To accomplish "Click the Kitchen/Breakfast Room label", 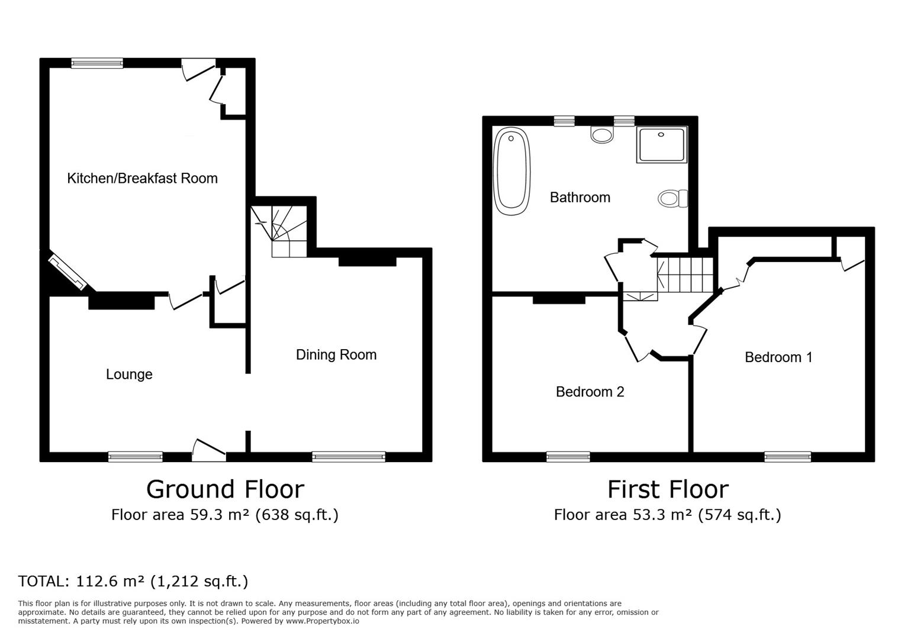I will [x=142, y=178].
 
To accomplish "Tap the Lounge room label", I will [x=129, y=374].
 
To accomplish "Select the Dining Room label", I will [x=336, y=354].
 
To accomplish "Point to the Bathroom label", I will [x=580, y=197].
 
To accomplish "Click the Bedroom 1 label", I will [x=778, y=357].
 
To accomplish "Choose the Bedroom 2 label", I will [x=590, y=392].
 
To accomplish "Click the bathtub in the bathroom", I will [x=512, y=170].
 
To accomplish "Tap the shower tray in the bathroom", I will [x=662, y=144].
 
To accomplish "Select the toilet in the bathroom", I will [x=672, y=199].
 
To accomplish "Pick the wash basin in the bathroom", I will [x=602, y=135].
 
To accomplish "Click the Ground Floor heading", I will [x=225, y=489].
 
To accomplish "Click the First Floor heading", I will [x=667, y=489].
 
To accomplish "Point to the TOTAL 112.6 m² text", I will [x=133, y=581].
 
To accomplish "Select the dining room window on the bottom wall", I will [x=348, y=456].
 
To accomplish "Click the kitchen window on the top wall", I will [x=97, y=63].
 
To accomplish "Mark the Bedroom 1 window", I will [x=787, y=456].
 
